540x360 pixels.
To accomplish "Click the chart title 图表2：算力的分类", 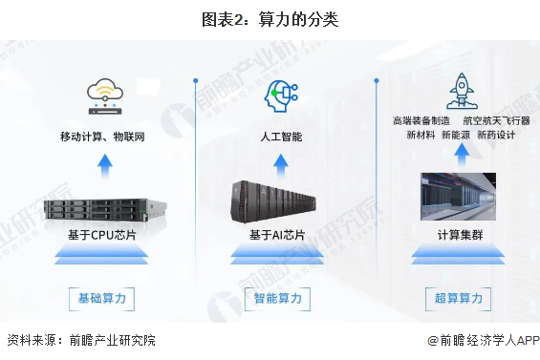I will click(270, 18).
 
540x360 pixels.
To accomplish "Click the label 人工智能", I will click(281, 137).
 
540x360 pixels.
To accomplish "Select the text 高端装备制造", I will click(421, 121).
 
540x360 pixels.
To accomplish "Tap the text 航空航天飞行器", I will click(493, 121).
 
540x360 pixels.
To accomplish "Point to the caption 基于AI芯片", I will click(277, 235).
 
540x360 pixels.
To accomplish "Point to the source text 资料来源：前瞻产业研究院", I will click(80, 340).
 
